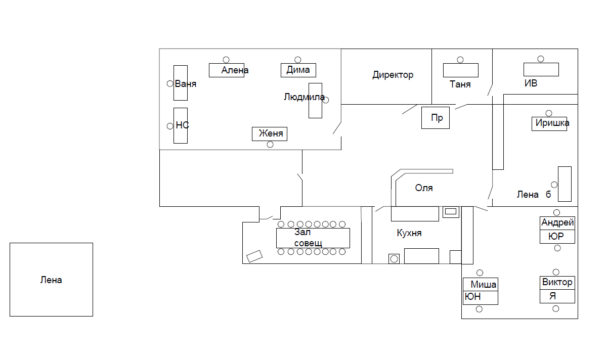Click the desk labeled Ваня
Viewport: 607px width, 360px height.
(181, 83)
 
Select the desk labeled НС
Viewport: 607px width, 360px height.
(181, 125)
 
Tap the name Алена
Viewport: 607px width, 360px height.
(235, 70)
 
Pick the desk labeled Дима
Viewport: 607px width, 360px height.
(298, 70)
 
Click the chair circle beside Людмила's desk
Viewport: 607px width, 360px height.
(326, 100)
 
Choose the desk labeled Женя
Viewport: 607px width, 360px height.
(270, 134)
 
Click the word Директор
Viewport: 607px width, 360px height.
(393, 75)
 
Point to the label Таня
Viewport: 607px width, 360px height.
(460, 84)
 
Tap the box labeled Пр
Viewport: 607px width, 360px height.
(436, 118)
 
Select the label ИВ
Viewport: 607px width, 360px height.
(531, 83)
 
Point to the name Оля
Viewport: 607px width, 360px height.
(424, 188)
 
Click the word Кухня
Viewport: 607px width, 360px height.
(409, 233)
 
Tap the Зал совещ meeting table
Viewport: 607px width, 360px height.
(313, 238)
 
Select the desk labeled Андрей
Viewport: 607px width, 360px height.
(557, 223)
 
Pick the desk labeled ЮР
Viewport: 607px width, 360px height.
(557, 237)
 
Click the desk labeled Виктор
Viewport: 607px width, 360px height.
(557, 283)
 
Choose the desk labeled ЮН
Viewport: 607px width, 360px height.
(481, 297)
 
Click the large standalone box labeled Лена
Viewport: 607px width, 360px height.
(51, 280)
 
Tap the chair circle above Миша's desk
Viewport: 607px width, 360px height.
(480, 273)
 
